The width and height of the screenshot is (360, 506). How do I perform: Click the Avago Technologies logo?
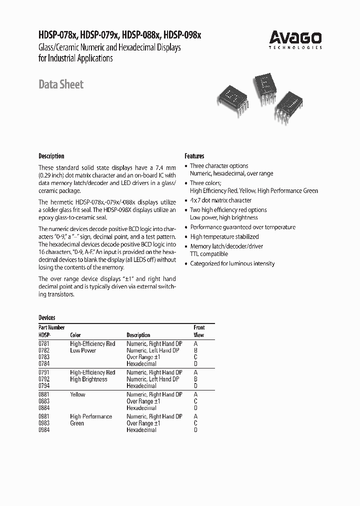[295, 38]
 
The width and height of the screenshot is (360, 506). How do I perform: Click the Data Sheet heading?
[61, 84]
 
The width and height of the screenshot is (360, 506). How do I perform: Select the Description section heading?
[51, 156]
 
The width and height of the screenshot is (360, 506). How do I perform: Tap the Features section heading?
[194, 156]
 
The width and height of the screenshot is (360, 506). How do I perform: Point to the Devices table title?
[47, 317]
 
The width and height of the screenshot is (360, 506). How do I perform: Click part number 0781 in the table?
[44, 343]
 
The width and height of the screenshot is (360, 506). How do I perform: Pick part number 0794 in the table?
[44, 386]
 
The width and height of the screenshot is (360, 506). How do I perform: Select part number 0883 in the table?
[44, 401]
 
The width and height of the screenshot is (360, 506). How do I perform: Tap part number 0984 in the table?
[44, 430]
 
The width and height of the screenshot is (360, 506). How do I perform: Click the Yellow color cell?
[77, 394]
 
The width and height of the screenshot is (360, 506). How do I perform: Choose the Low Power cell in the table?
[83, 350]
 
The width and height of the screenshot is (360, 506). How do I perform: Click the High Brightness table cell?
[88, 379]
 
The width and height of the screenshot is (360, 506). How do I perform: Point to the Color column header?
[75, 335]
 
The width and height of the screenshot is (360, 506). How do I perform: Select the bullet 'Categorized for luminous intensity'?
[232, 263]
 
